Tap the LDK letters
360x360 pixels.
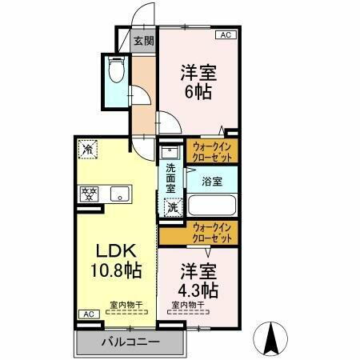pyautogui.click(x=114, y=249)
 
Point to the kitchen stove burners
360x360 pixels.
pyautogui.click(x=88, y=193)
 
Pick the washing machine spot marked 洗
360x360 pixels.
pyautogui.click(x=171, y=207)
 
